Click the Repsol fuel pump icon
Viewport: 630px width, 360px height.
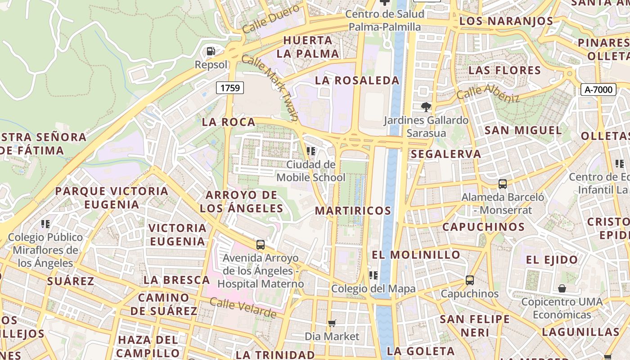click(211, 51)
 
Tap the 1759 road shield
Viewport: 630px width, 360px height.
click(230, 88)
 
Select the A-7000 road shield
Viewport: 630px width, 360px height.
click(598, 90)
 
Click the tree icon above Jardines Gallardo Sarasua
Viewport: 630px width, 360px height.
click(426, 107)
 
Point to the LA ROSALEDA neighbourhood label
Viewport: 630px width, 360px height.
click(357, 81)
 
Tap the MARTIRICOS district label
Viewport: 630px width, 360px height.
click(353, 211)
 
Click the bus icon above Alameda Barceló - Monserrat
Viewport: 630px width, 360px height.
click(502, 184)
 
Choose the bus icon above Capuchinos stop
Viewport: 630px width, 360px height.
click(470, 280)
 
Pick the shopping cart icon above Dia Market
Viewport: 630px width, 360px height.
click(332, 323)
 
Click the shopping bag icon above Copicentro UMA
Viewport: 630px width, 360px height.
click(562, 288)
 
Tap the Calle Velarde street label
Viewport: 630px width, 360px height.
click(243, 308)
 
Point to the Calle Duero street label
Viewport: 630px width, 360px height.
click(270, 19)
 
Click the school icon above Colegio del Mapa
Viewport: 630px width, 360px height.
click(373, 275)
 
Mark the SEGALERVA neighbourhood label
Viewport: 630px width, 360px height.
click(446, 154)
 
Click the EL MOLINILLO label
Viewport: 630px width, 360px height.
click(416, 255)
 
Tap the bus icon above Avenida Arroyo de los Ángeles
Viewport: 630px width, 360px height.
click(260, 245)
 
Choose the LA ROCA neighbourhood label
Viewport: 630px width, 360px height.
click(229, 122)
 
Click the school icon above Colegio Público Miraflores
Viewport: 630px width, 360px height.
click(45, 224)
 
